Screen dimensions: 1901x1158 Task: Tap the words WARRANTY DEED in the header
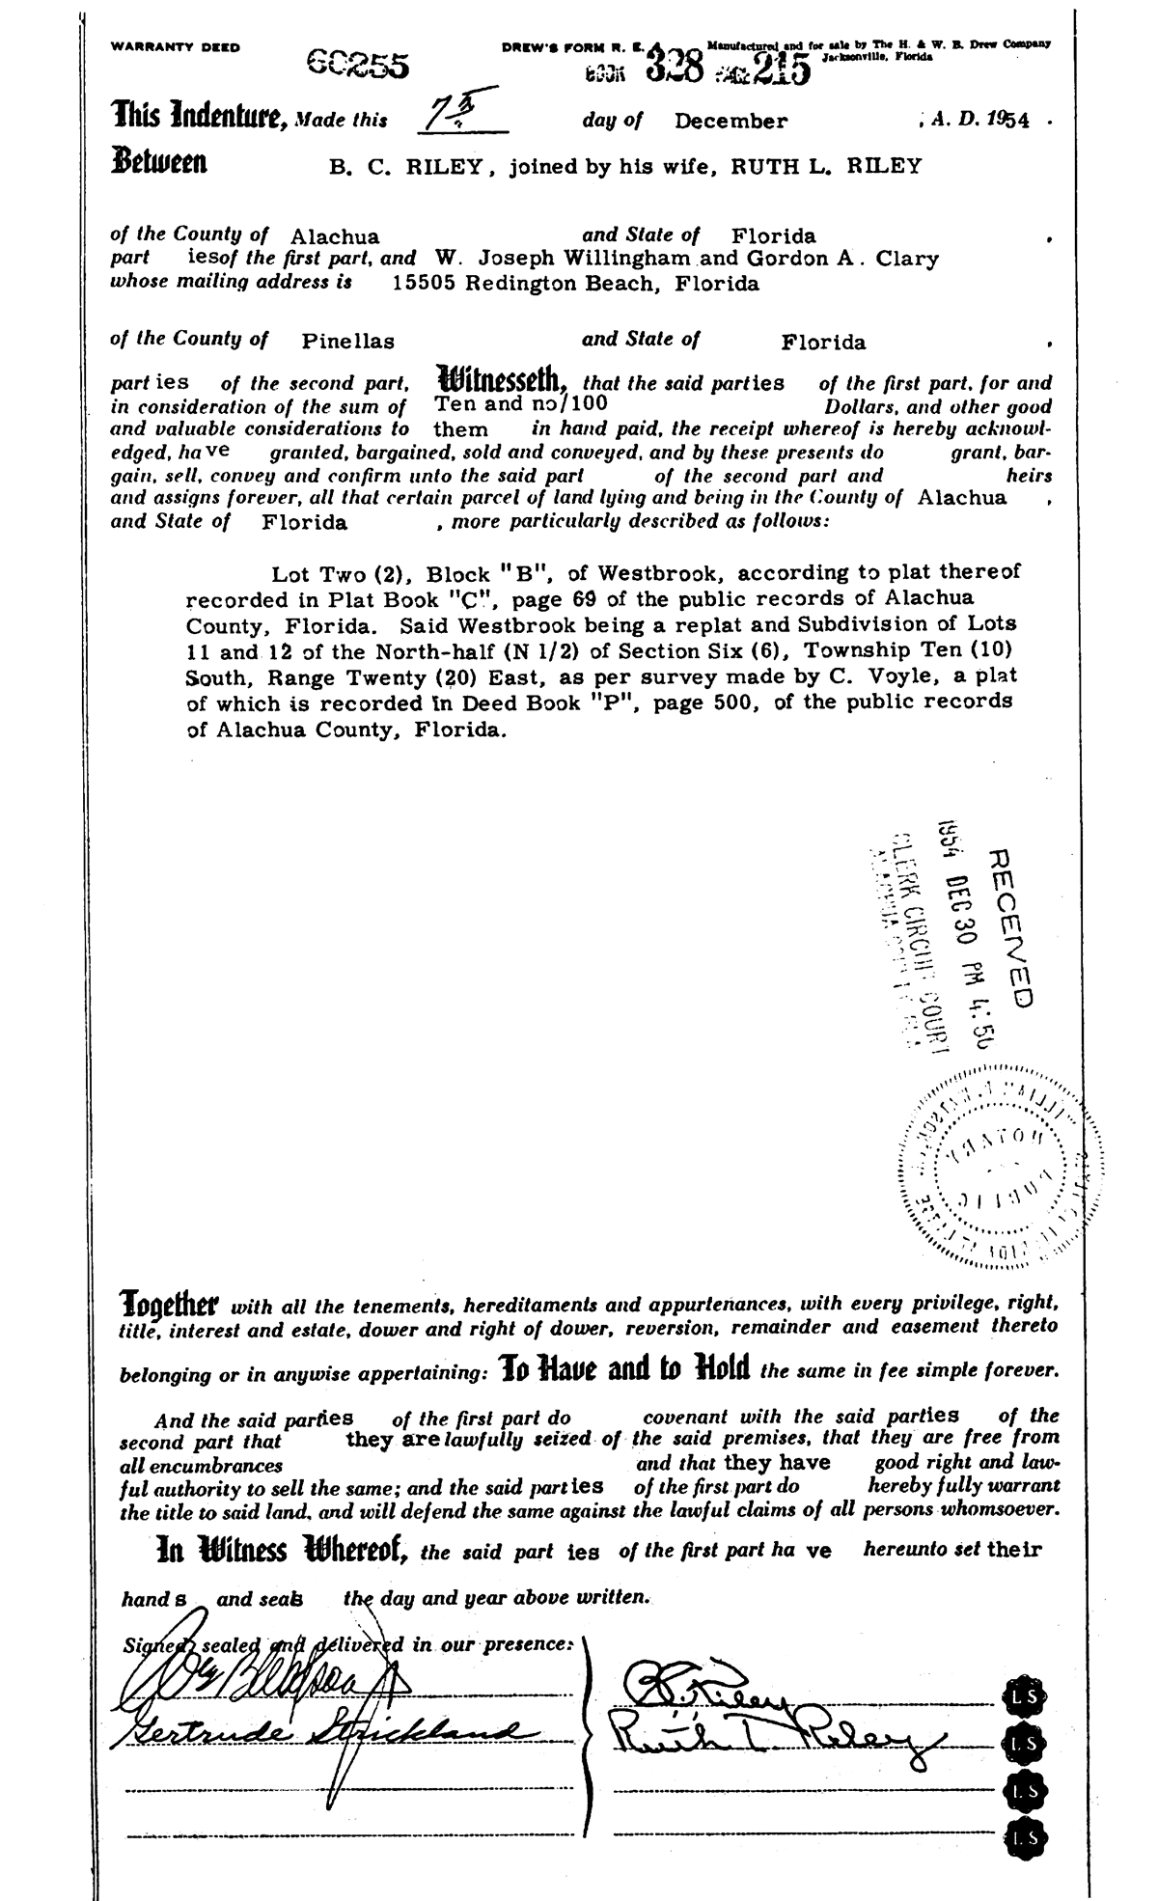pos(176,45)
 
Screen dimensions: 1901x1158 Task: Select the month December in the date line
pos(731,121)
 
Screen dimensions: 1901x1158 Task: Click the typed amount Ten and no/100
pos(521,404)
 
